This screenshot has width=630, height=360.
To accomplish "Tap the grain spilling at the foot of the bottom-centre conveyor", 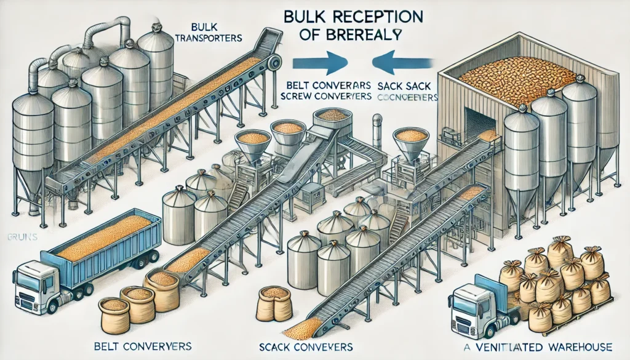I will [302, 328].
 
